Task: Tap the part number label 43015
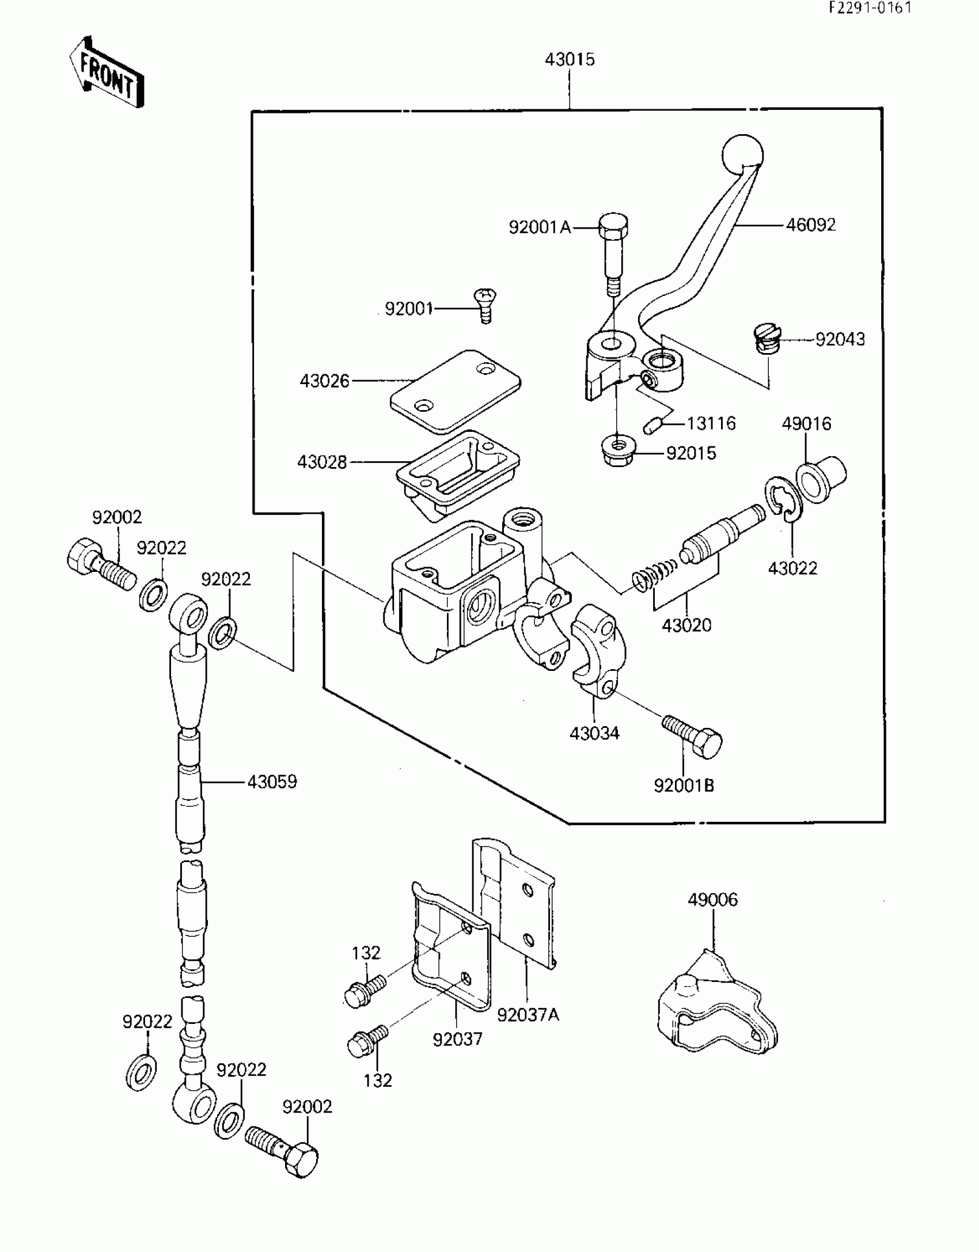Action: [570, 59]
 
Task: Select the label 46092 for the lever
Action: [811, 225]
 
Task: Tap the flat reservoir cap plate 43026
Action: [455, 391]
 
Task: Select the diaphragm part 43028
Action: [458, 474]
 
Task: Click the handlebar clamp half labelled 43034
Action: [594, 650]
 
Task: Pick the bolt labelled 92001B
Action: [692, 734]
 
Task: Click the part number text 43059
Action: [272, 781]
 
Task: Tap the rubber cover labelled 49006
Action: [716, 1001]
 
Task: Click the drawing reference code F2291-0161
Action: [870, 9]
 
